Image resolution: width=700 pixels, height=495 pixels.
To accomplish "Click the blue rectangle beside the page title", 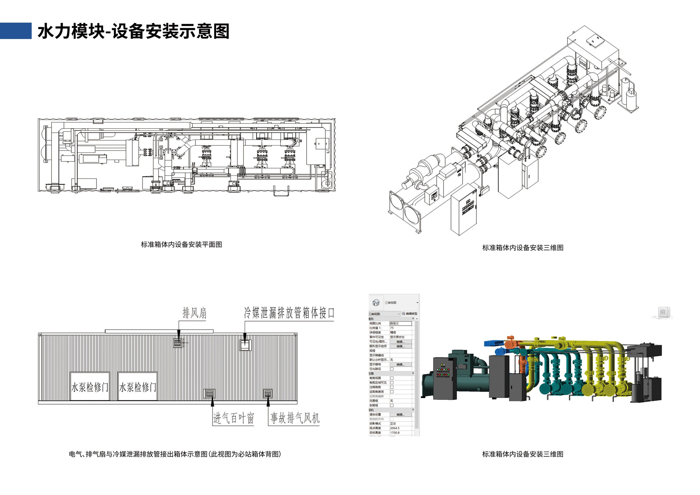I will coord(16,31).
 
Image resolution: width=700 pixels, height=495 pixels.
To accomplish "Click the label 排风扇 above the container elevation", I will coord(194,313).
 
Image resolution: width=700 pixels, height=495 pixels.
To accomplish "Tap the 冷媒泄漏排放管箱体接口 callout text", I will coord(289,312).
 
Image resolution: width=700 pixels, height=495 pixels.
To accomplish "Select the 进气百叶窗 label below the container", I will coord(233,418).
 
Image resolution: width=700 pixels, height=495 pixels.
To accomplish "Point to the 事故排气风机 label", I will coord(295,418).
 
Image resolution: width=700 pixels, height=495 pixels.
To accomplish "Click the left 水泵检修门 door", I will coord(90,386).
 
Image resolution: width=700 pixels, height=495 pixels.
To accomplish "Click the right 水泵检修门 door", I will coord(137,386).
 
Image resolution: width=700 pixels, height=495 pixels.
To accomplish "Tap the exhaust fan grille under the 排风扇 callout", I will coord(178,343).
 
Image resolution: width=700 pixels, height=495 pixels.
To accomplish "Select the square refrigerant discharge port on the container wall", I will coord(245,345).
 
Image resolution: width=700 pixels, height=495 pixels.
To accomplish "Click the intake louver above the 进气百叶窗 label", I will coord(209,393).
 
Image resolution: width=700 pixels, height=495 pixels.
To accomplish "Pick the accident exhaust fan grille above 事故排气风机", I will coord(268,393).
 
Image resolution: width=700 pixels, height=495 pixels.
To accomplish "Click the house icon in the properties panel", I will coord(376,303).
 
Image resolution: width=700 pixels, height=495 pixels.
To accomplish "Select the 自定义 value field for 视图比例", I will coord(400,323).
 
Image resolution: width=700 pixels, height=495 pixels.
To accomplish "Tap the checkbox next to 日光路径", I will coord(392,369).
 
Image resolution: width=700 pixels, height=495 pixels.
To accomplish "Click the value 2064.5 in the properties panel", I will coord(395,428).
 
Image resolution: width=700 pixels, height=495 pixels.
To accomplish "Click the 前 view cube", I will coord(662,312).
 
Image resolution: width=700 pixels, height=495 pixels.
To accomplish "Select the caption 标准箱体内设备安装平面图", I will coord(181,245).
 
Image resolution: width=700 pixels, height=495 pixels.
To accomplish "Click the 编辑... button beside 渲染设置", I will coord(400,414).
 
